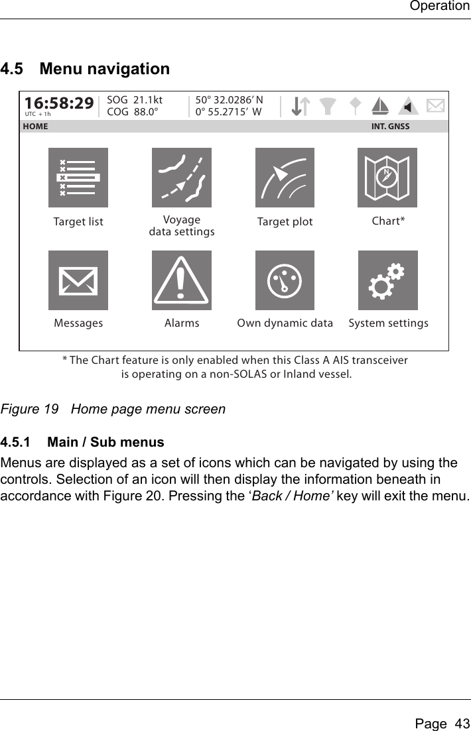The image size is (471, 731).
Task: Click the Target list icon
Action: [78, 178]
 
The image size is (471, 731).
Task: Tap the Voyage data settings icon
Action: [182, 178]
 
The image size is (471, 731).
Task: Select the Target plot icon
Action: [285, 178]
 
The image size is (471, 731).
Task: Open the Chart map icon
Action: [387, 178]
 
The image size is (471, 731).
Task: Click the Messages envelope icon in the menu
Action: [78, 280]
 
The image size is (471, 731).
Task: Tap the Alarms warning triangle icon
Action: [182, 280]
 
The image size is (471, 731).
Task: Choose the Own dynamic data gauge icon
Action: [285, 280]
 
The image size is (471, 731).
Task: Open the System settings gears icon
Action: [387, 280]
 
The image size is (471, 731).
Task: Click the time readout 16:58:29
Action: [59, 103]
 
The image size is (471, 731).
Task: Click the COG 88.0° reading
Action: [133, 111]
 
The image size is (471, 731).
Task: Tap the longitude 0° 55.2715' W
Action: [228, 111]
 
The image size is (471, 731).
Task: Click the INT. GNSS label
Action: [390, 126]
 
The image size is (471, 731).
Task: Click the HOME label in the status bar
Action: [36, 126]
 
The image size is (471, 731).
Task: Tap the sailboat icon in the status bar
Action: [380, 105]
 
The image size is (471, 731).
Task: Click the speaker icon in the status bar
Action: [409, 105]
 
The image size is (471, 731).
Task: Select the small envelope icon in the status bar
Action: [435, 105]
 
